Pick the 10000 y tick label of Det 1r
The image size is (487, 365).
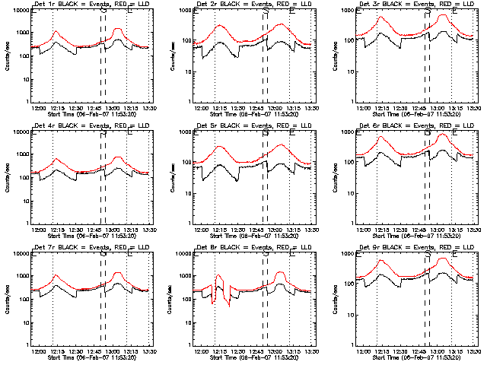tap(18, 11)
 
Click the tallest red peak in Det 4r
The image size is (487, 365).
tap(118, 157)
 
